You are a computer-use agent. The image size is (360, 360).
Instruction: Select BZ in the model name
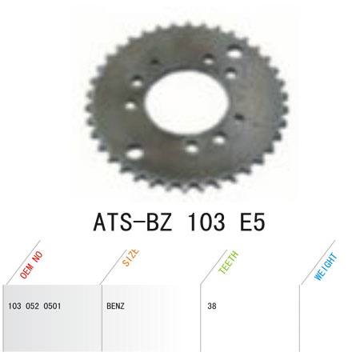(x=165, y=219)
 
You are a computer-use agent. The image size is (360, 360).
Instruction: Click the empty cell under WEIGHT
(x=328, y=320)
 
